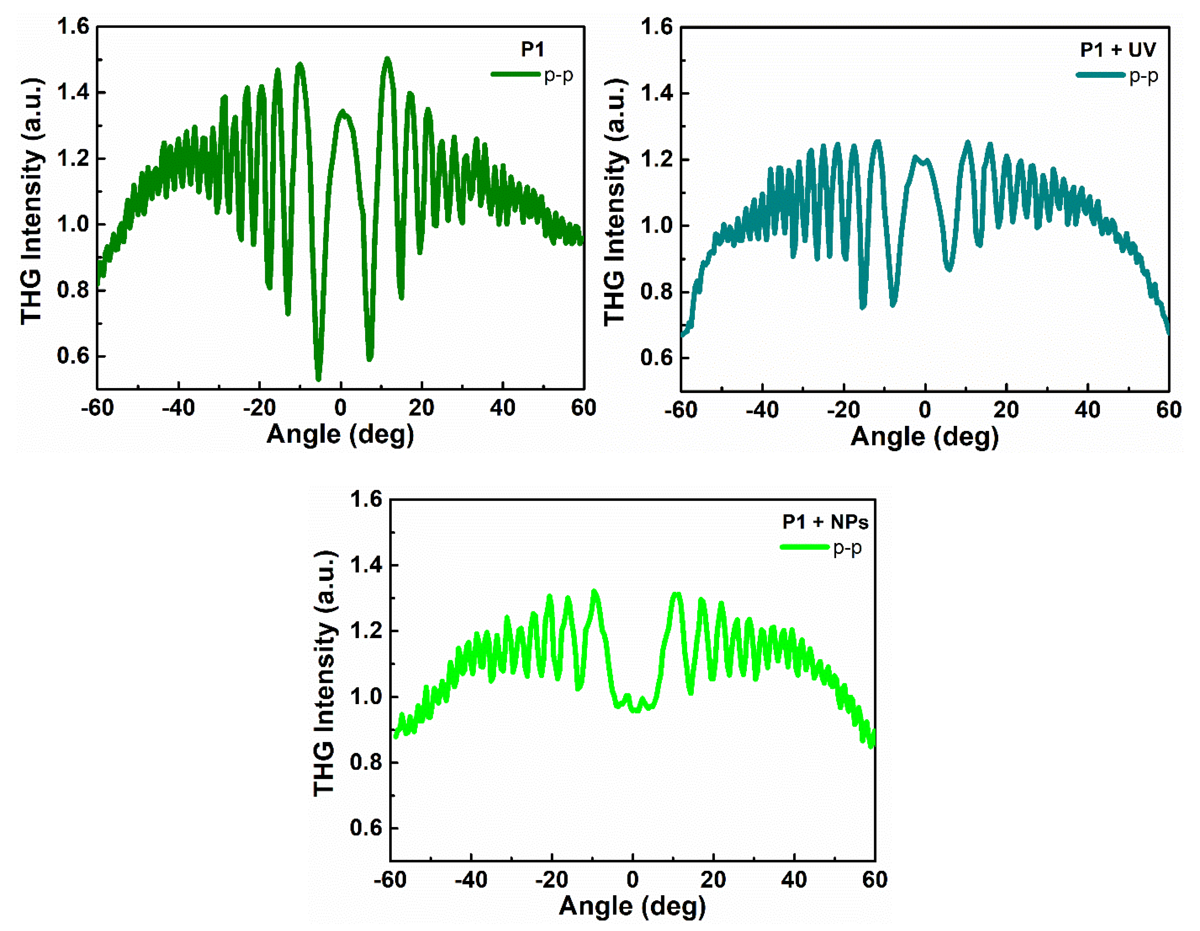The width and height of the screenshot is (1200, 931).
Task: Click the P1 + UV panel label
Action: [x=1118, y=50]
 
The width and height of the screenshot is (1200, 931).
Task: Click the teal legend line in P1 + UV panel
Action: [x=1100, y=75]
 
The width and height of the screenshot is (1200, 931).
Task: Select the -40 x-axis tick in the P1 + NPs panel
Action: [x=471, y=880]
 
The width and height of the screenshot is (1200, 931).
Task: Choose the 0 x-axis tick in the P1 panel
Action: [x=341, y=408]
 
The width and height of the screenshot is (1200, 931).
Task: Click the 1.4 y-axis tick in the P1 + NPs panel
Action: [x=366, y=565]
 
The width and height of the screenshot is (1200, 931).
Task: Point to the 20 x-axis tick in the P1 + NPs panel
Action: [x=713, y=880]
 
